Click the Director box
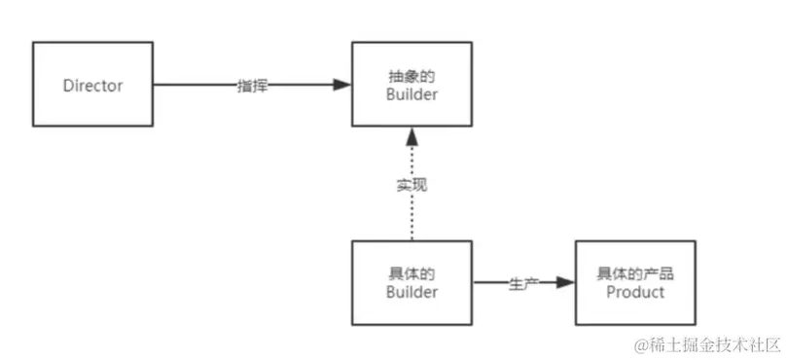[x=92, y=85]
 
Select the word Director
[x=92, y=86]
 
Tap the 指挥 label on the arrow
[x=252, y=86]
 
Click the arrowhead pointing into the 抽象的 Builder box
[x=341, y=86]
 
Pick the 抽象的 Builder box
[x=411, y=85]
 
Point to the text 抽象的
[x=412, y=75]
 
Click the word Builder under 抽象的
[x=412, y=94]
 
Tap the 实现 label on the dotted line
[x=412, y=185]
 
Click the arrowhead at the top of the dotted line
[x=412, y=134]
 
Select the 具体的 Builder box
[x=411, y=282]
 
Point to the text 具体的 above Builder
[x=412, y=273]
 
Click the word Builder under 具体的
[x=412, y=292]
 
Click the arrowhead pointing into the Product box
[x=565, y=283]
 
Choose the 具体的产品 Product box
[x=635, y=282]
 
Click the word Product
[x=635, y=292]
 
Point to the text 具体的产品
[x=635, y=273]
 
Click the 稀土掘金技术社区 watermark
[x=708, y=344]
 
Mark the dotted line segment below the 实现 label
[x=412, y=218]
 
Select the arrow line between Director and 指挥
[x=195, y=86]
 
